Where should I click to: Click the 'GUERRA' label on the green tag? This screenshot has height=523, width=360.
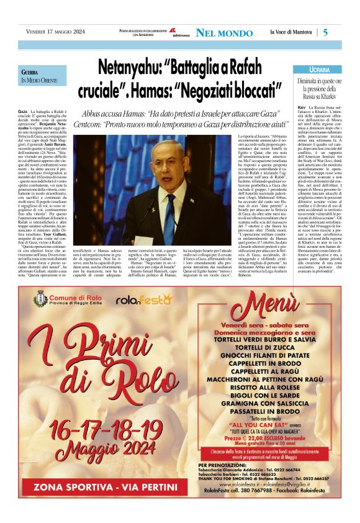[30, 73]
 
